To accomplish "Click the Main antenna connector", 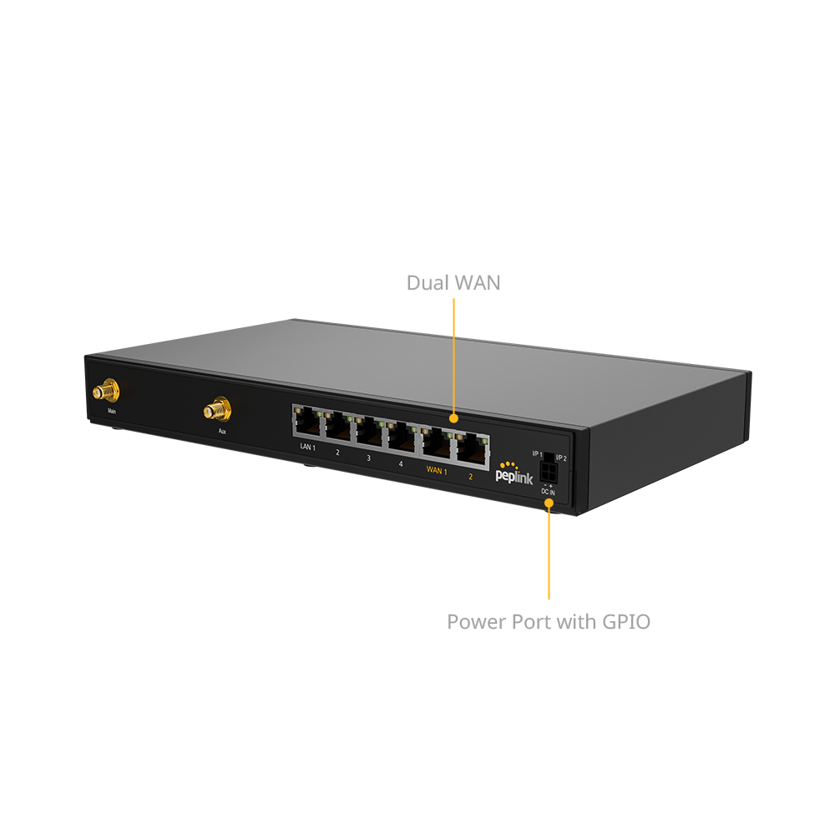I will tap(106, 391).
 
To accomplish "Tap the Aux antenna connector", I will tap(217, 410).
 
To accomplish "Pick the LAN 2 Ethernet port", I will tap(339, 429).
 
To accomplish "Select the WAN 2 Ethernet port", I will tap(470, 449).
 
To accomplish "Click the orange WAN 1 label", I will tap(437, 469).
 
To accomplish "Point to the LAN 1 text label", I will tap(307, 448).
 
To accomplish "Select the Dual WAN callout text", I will tap(453, 283).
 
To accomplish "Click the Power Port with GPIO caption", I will tap(548, 622).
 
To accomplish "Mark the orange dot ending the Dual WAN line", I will tap(453, 417).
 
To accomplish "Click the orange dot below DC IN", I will tap(549, 504).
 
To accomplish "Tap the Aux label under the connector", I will tap(222, 432).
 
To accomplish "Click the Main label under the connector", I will tap(110, 412).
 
